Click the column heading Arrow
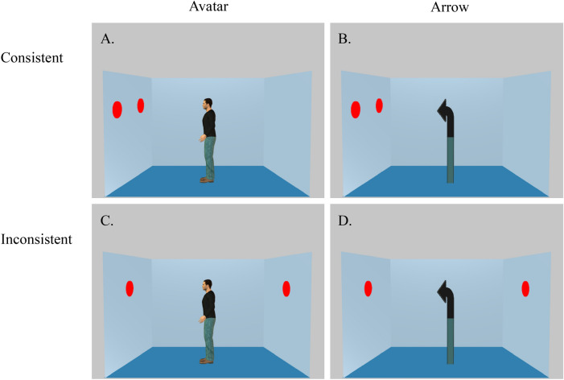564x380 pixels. [x=446, y=12]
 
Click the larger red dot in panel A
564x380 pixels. [x=117, y=109]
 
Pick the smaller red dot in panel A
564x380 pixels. [x=141, y=105]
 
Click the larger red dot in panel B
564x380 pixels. [x=355, y=109]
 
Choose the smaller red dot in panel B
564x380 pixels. [x=379, y=105]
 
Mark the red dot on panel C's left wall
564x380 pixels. [x=130, y=287]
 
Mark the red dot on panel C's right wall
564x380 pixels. [x=286, y=287]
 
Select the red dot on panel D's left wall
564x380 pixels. [x=368, y=287]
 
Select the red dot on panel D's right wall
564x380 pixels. [x=525, y=287]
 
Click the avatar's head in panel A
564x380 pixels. [x=208, y=105]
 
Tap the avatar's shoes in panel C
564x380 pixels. [x=208, y=360]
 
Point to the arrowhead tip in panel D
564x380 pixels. [x=436, y=291]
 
